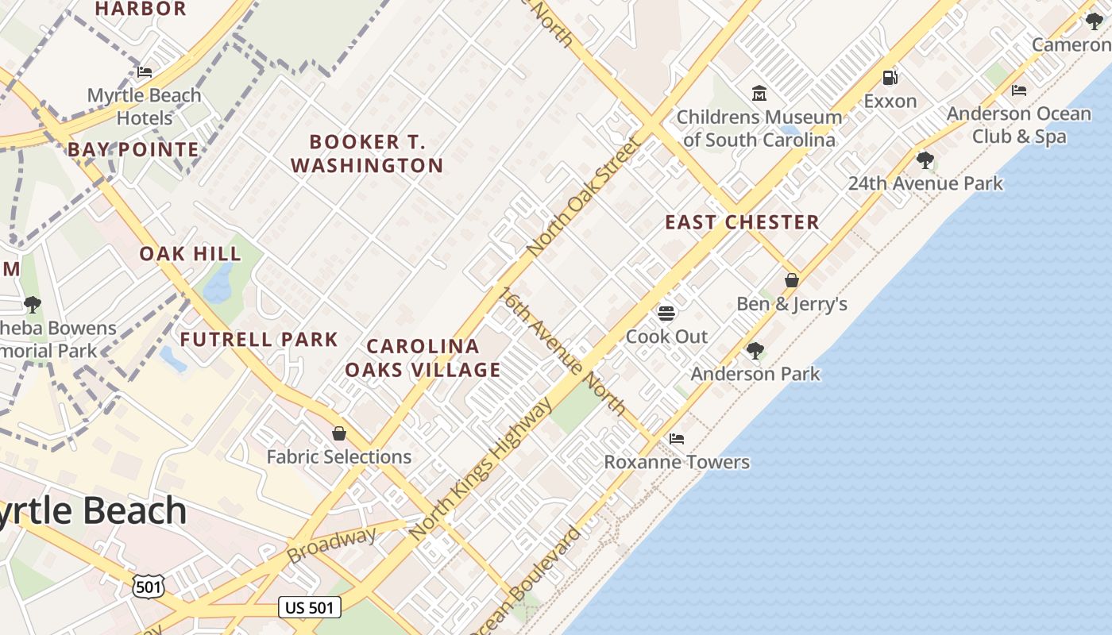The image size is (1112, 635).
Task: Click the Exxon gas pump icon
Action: pos(890,78)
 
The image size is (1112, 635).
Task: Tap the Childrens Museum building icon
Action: pos(759,94)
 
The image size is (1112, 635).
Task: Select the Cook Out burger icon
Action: pos(666,313)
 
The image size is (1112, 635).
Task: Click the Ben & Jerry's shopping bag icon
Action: pos(792,280)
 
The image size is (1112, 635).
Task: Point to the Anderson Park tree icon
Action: pos(755,350)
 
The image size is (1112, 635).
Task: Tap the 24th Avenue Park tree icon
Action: pos(925,160)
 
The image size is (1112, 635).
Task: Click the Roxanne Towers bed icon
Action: pos(677,438)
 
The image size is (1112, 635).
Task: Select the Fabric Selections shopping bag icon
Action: pos(339,433)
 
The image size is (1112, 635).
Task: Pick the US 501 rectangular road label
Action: pos(310,608)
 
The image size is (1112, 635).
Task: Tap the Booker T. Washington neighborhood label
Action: pos(367,154)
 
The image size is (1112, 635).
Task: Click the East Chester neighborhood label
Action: pos(742,222)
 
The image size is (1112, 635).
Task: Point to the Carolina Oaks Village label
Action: pos(423,358)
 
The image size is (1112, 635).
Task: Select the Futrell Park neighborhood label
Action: pos(259,340)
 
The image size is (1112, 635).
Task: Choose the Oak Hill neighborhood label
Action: pos(191,254)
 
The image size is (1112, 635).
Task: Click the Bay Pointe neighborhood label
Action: pos(133,150)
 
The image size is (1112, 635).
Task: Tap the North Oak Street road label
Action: pos(583,197)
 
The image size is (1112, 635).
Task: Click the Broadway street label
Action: pos(332,545)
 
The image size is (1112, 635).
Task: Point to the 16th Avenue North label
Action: pos(562,351)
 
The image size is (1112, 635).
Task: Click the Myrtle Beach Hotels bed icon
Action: pos(145,72)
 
